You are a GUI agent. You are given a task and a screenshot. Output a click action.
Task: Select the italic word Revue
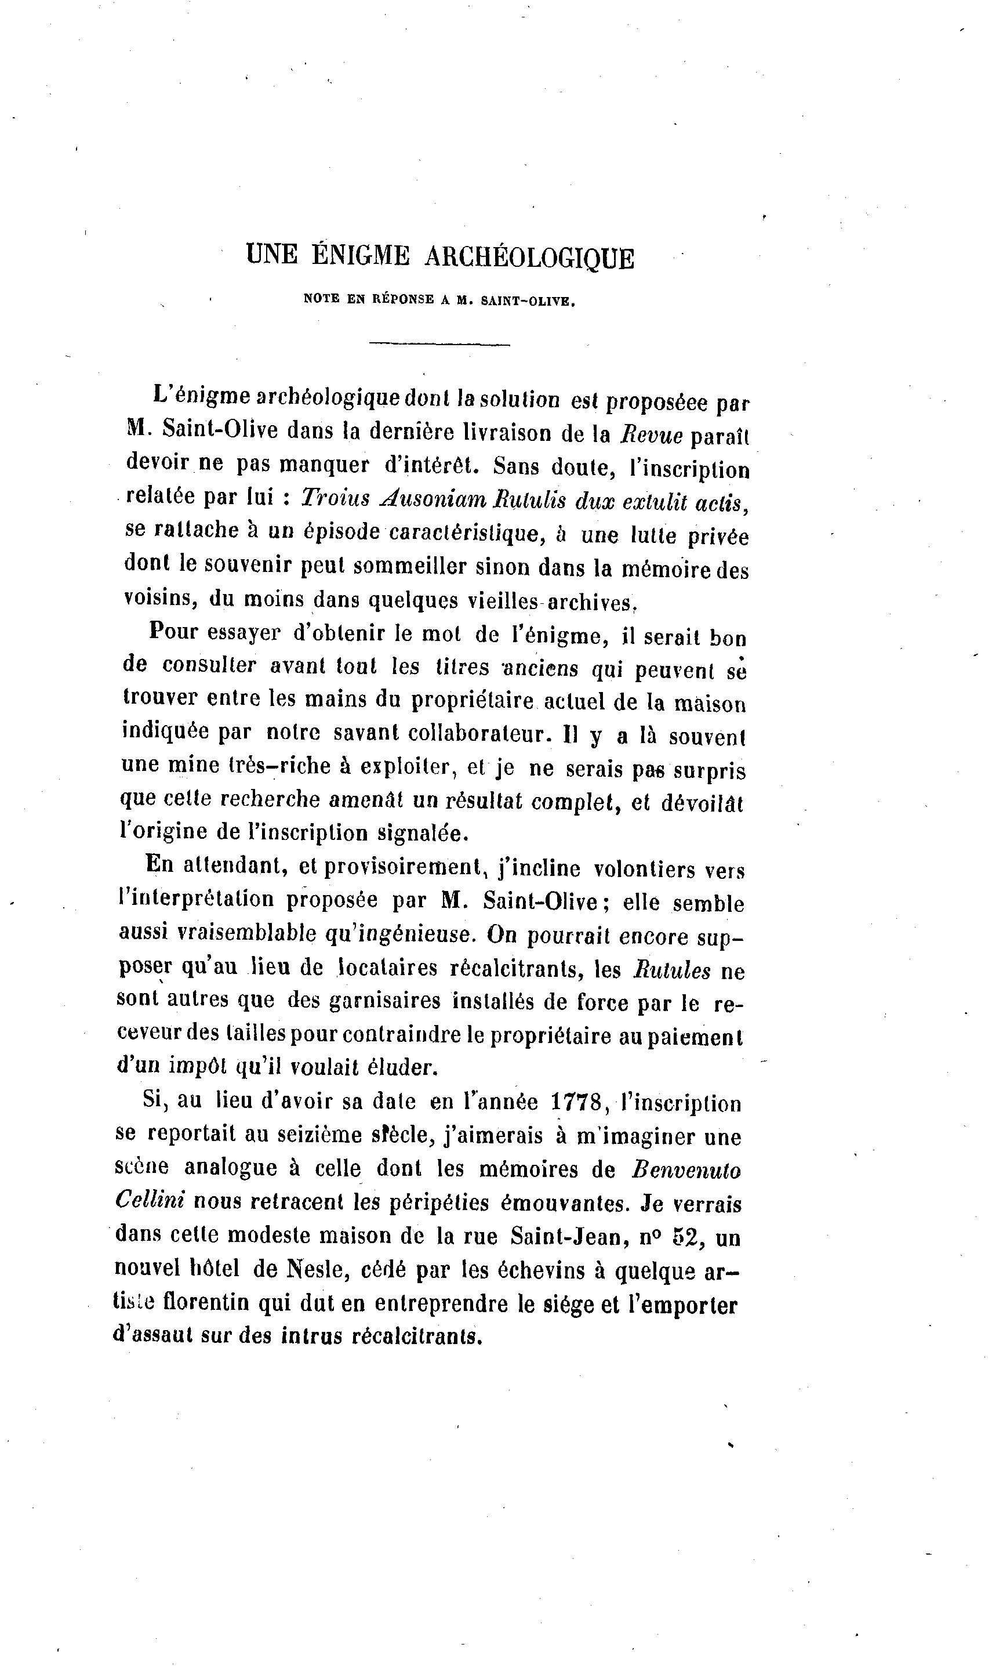point(651,436)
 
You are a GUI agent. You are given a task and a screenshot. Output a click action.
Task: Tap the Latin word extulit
point(656,502)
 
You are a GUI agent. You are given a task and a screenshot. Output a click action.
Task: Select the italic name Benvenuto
point(686,1170)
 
